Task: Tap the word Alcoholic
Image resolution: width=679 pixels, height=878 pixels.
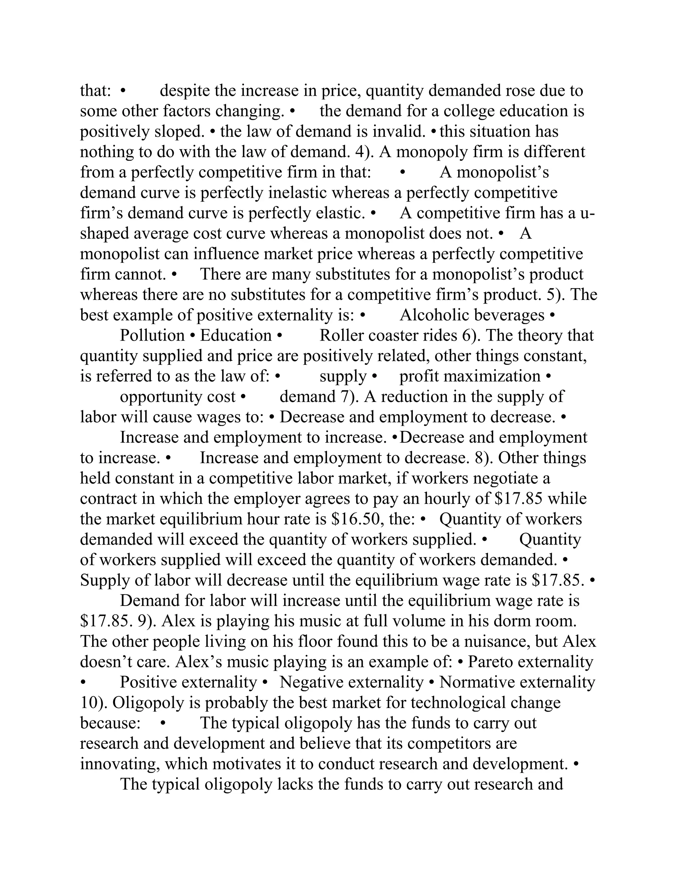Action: pyautogui.click(x=432, y=315)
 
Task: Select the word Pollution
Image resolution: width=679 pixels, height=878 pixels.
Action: pyautogui.click(x=152, y=335)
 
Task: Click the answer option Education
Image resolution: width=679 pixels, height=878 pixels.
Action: pyautogui.click(x=236, y=335)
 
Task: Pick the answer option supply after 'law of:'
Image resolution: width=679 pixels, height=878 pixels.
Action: pyautogui.click(x=343, y=376)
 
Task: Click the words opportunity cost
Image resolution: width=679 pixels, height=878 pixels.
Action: pyautogui.click(x=177, y=397)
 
